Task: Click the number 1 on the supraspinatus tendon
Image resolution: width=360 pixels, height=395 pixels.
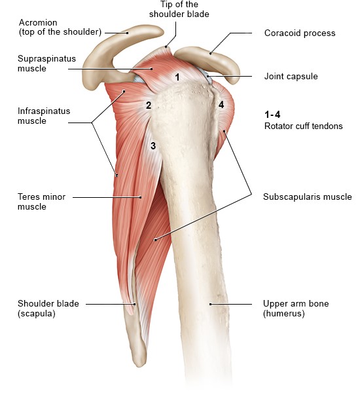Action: point(177,77)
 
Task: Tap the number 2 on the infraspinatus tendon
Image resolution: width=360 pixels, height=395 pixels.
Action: point(149,105)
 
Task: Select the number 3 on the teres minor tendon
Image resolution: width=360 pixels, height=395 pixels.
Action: point(153,145)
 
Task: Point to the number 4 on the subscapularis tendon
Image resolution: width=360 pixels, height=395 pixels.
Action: point(221,105)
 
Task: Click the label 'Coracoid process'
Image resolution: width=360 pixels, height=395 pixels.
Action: point(300,33)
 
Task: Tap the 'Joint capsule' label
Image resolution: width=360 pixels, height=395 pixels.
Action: point(291,77)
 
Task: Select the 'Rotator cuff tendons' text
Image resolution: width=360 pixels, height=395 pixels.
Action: point(303,126)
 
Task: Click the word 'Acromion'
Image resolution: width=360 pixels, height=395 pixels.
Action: point(38,22)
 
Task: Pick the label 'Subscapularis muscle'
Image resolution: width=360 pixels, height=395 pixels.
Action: point(308,197)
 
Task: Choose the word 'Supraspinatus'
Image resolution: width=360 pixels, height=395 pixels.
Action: point(46,59)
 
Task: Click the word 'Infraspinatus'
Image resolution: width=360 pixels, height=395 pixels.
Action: point(44,111)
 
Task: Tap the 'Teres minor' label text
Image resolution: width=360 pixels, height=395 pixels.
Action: point(41,197)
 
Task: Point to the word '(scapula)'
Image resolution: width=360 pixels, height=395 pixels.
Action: point(37,314)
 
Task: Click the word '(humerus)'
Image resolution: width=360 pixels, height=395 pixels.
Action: point(283,314)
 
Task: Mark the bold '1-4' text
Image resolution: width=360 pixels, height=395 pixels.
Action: point(272,115)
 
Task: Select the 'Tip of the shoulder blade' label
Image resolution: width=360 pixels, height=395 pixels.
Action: point(179,9)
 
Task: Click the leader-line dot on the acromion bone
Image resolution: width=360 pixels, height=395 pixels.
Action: point(128,33)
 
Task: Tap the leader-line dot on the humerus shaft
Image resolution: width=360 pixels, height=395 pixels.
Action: point(211,305)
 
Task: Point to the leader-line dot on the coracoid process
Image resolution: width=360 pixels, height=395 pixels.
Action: point(211,54)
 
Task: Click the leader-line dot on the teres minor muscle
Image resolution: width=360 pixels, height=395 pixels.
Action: point(141,197)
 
